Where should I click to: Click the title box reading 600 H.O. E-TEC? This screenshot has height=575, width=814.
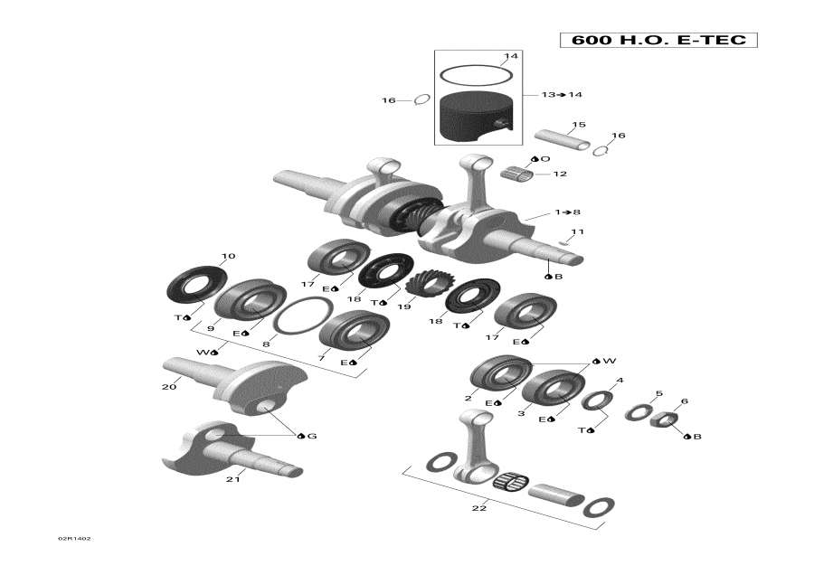pos(658,41)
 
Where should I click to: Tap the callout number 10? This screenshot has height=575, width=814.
pos(228,256)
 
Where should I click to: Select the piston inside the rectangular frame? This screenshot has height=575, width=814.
pos(476,118)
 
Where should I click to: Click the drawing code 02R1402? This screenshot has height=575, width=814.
pos(75,539)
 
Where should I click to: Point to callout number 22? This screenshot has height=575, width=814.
pos(478,508)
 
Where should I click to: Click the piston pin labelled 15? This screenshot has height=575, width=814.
pos(561,138)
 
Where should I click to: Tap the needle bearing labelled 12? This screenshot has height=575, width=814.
pos(519,172)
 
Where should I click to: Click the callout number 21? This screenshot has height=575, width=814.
pos(232,479)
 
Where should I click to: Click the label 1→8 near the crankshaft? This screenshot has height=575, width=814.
pos(568,212)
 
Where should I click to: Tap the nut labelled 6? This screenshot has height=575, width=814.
pos(666,419)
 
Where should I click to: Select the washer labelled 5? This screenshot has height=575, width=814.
pos(639,412)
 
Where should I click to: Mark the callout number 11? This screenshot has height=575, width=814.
pos(577,232)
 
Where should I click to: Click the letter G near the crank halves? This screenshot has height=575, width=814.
pos(312,437)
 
